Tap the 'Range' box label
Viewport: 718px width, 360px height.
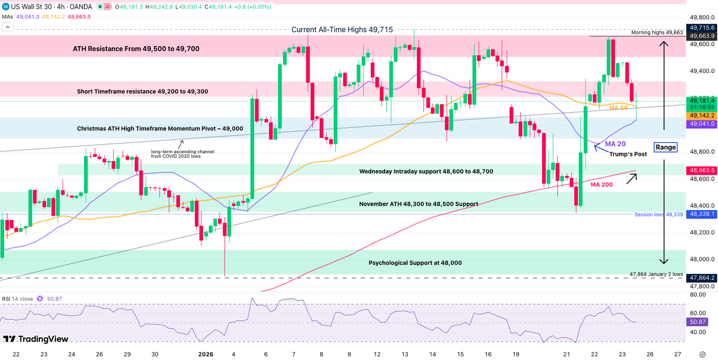coord(666,148)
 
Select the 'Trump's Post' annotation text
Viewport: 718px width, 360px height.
coord(628,154)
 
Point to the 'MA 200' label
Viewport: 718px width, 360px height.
coord(601,184)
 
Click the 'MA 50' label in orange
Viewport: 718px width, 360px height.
coord(617,108)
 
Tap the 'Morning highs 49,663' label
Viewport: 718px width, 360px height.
coord(656,32)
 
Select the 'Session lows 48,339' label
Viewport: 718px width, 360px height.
coord(658,214)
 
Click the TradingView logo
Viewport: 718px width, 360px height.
coord(36,339)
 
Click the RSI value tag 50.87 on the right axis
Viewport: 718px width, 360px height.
coord(697,323)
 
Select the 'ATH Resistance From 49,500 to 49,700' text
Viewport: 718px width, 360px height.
coord(136,49)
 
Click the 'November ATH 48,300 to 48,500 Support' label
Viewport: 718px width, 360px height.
coord(418,204)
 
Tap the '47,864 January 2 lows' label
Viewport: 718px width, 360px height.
coord(656,274)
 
